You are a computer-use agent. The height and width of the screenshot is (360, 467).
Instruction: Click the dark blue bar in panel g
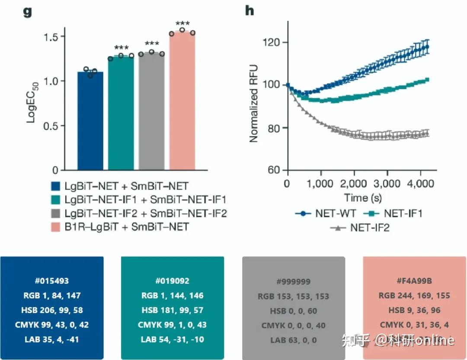click(90, 121)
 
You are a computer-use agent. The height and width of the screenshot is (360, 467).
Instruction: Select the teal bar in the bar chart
click(121, 113)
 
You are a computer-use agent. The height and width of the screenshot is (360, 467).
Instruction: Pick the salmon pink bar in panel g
click(182, 101)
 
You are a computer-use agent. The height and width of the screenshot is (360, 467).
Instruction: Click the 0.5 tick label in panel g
click(51, 126)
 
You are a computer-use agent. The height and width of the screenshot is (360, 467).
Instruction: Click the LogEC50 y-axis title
click(32, 102)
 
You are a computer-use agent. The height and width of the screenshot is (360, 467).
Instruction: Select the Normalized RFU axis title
click(253, 103)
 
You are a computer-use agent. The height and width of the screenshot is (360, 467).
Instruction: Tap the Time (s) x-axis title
click(363, 198)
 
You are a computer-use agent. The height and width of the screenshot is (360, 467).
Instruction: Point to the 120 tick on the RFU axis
click(271, 42)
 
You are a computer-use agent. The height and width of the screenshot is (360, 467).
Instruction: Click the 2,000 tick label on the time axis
click(354, 183)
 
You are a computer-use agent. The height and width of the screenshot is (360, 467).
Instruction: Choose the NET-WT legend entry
click(326, 213)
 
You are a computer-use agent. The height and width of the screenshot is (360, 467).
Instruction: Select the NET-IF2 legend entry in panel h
click(360, 228)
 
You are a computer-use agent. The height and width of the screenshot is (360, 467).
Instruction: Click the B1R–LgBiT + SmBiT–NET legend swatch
click(56, 227)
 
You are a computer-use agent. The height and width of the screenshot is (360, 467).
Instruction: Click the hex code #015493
click(52, 281)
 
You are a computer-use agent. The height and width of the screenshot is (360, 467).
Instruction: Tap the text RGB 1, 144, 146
click(173, 296)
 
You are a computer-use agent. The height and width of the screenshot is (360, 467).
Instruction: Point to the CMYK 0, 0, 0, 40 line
click(293, 325)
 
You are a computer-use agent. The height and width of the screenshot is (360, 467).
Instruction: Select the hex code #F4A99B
click(414, 281)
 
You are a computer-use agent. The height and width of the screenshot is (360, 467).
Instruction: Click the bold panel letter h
click(249, 10)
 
